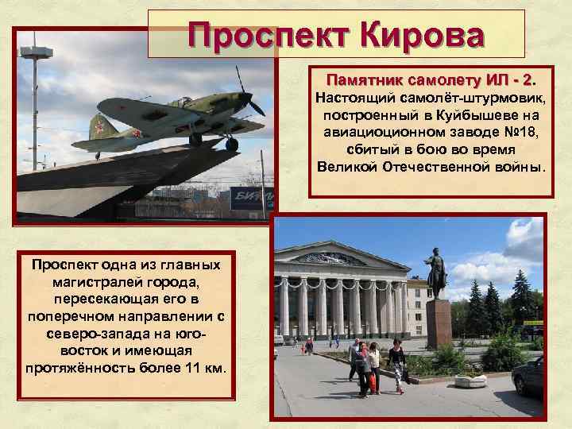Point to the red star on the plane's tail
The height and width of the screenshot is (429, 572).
tap(100, 125)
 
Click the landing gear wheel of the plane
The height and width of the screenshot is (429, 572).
tap(231, 145)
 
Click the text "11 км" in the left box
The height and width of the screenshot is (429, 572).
tap(203, 368)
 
